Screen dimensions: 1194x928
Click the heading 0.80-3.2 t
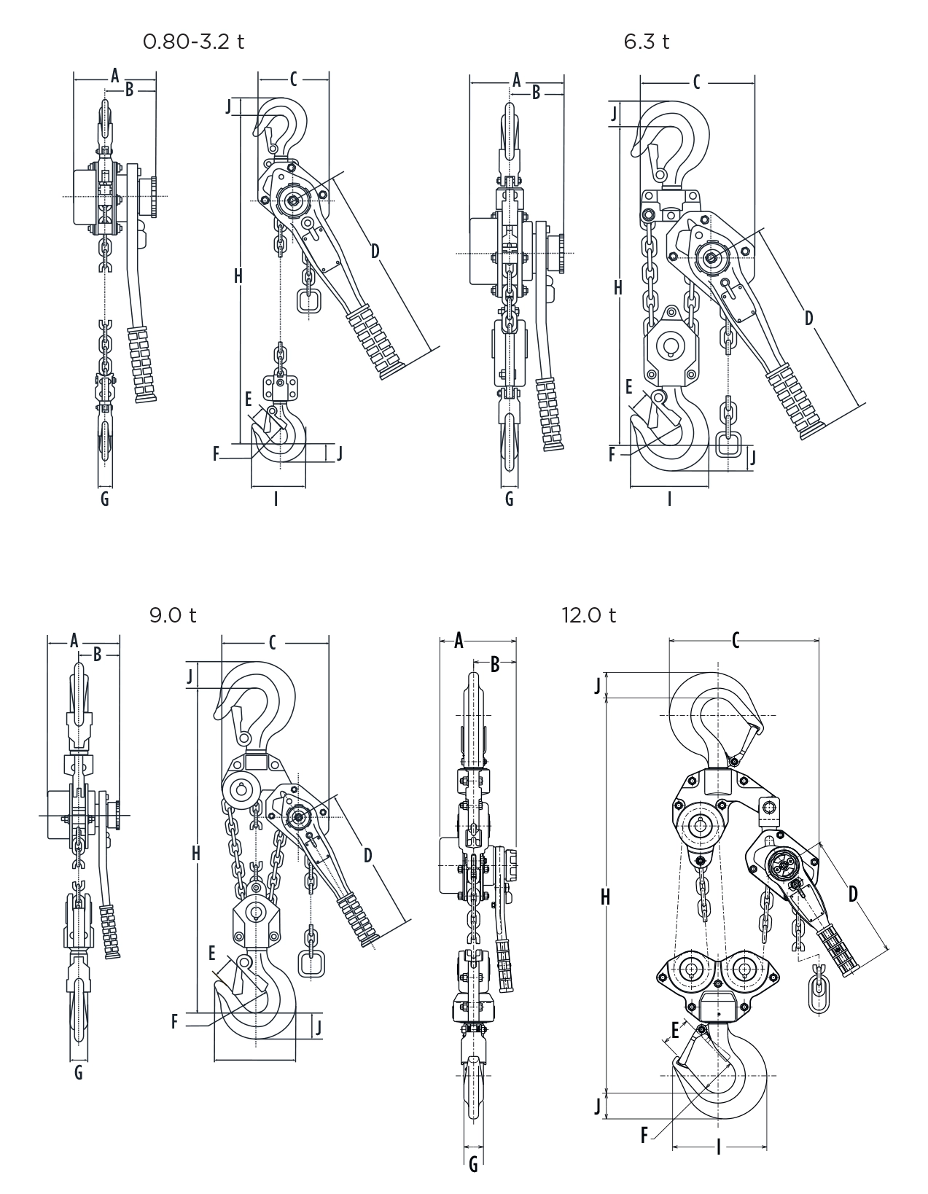[x=193, y=42]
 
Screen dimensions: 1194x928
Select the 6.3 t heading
[x=646, y=42]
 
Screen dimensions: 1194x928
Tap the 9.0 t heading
[x=173, y=615]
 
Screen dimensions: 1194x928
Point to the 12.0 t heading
[x=588, y=615]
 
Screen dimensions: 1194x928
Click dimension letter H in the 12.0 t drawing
[x=605, y=898]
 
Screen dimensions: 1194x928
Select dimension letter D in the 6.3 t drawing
[x=809, y=318]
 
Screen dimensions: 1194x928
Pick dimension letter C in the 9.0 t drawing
[x=272, y=642]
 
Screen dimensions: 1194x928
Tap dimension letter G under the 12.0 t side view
[x=473, y=1165]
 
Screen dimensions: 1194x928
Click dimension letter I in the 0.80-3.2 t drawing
[x=276, y=499]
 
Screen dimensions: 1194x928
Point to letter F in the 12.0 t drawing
[x=644, y=1135]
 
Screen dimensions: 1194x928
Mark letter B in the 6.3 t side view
[x=537, y=93]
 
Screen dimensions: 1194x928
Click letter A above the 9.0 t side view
[x=74, y=641]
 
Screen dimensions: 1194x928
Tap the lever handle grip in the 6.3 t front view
[x=794, y=401]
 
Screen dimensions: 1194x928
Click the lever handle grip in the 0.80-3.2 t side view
[x=143, y=364]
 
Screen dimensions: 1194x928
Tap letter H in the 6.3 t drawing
[x=618, y=288]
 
